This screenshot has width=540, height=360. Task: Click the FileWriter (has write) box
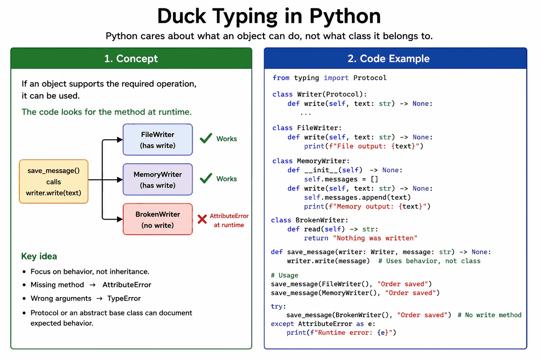click(x=157, y=140)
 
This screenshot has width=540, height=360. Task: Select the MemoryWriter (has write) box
click(x=157, y=179)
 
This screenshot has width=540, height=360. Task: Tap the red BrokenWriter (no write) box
click(x=157, y=219)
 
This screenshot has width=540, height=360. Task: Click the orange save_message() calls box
click(x=53, y=181)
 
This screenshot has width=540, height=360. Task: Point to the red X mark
click(x=202, y=219)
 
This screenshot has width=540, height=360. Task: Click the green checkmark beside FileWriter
click(x=206, y=138)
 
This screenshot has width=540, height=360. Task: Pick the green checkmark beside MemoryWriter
click(x=206, y=178)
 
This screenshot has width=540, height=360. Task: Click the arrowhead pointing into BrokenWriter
click(x=120, y=219)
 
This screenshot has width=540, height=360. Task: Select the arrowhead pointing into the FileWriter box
click(x=120, y=140)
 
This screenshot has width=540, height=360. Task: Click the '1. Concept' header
click(x=131, y=58)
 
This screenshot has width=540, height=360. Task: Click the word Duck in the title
click(x=181, y=16)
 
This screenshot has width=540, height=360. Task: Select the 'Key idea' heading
click(x=39, y=256)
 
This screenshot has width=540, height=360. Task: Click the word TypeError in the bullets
click(x=124, y=298)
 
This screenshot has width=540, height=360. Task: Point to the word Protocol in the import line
click(x=370, y=78)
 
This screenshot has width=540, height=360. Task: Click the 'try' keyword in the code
click(x=277, y=307)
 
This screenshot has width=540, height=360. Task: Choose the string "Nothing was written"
click(x=375, y=238)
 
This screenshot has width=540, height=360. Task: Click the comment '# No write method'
click(x=489, y=315)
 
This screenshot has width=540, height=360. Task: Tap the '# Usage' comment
click(x=284, y=275)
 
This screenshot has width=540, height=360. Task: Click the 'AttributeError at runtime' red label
click(x=229, y=220)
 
